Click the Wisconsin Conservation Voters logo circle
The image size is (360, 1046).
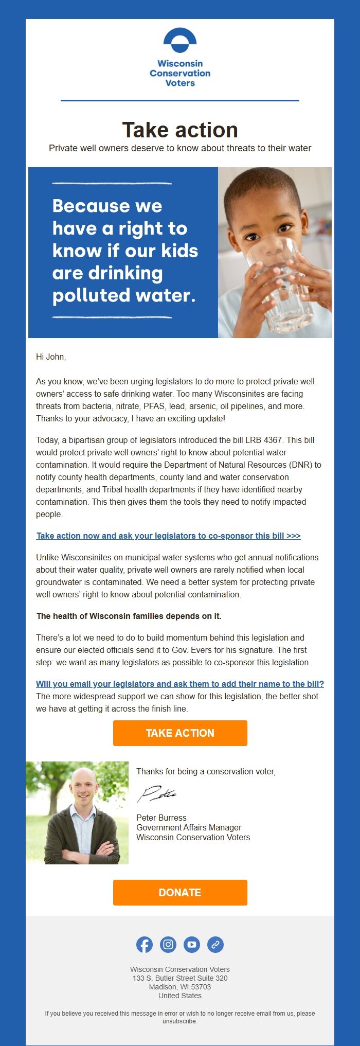click(180, 41)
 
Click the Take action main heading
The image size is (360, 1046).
click(180, 130)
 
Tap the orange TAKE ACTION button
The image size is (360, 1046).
click(180, 733)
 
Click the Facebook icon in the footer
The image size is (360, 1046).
click(145, 945)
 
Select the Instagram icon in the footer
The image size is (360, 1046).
click(168, 945)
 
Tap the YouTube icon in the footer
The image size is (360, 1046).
click(192, 945)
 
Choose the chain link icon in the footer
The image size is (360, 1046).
click(215, 945)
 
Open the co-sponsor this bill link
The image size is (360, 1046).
click(168, 536)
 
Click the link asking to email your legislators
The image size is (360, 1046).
click(180, 684)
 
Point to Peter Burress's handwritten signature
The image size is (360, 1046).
click(157, 794)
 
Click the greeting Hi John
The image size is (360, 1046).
click(51, 357)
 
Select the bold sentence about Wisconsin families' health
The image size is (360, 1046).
click(129, 616)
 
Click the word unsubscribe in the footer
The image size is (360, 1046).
click(179, 1021)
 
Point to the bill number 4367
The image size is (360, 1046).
click(273, 440)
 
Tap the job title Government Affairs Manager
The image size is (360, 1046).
click(189, 827)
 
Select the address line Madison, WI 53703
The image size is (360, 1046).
click(180, 987)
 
